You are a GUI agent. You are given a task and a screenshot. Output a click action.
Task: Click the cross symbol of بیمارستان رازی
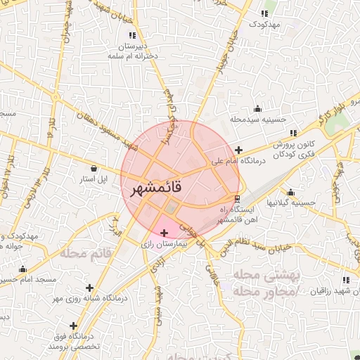click(165, 232)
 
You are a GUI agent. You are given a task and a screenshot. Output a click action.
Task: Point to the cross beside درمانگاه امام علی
click(239, 149)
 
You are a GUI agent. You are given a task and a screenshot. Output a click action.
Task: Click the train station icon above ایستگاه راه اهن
click(238, 198)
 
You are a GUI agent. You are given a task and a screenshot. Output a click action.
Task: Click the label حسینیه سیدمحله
click(262, 120)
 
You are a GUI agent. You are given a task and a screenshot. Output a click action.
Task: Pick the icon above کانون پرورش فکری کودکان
click(293, 133)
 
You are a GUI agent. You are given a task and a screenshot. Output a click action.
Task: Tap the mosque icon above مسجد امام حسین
click(22, 269)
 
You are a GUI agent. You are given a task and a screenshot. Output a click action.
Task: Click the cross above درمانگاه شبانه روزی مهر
click(89, 287)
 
